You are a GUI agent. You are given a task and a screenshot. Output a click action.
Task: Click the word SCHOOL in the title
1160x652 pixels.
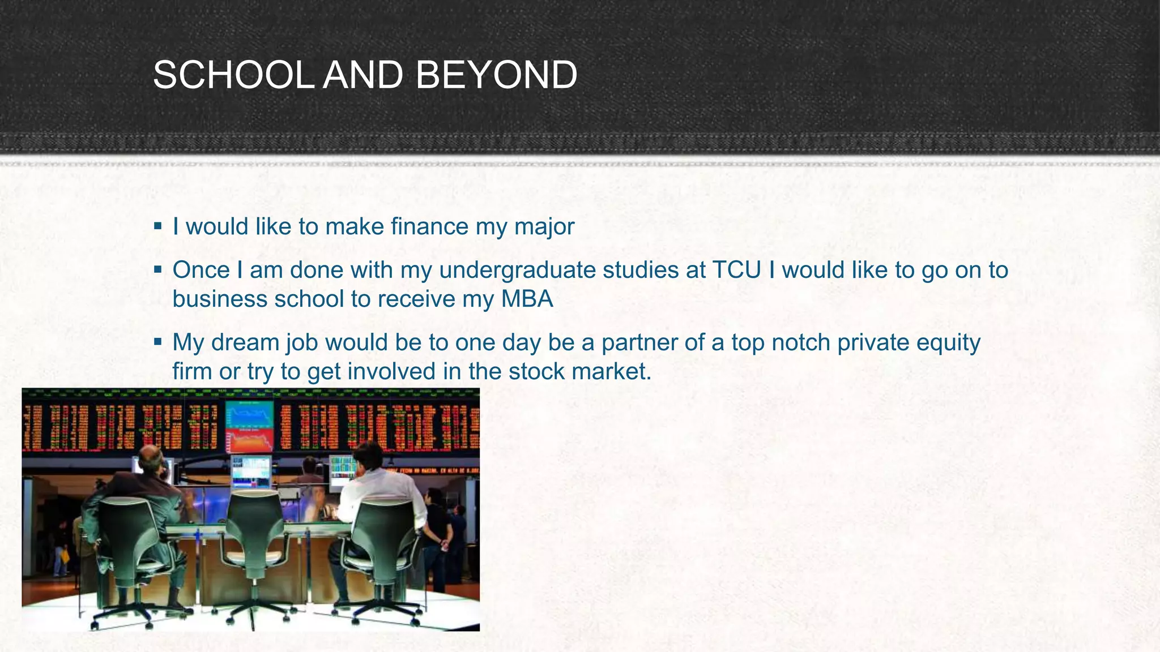click(x=233, y=75)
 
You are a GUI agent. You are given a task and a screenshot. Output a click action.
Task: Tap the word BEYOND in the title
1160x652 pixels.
click(x=496, y=75)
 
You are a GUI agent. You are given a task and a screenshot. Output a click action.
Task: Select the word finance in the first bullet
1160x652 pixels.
click(x=430, y=226)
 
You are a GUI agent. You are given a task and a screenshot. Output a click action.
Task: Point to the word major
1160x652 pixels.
click(x=544, y=226)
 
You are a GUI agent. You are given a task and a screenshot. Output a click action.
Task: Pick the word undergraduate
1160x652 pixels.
click(x=517, y=270)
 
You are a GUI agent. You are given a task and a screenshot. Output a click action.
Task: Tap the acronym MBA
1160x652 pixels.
click(x=527, y=299)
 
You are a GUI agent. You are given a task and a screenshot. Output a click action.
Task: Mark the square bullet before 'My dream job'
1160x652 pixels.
click(x=158, y=342)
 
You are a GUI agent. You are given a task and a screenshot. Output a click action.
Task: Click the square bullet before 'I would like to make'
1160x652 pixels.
click(x=158, y=226)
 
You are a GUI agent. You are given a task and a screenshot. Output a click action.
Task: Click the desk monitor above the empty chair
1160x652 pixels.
click(x=251, y=471)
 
